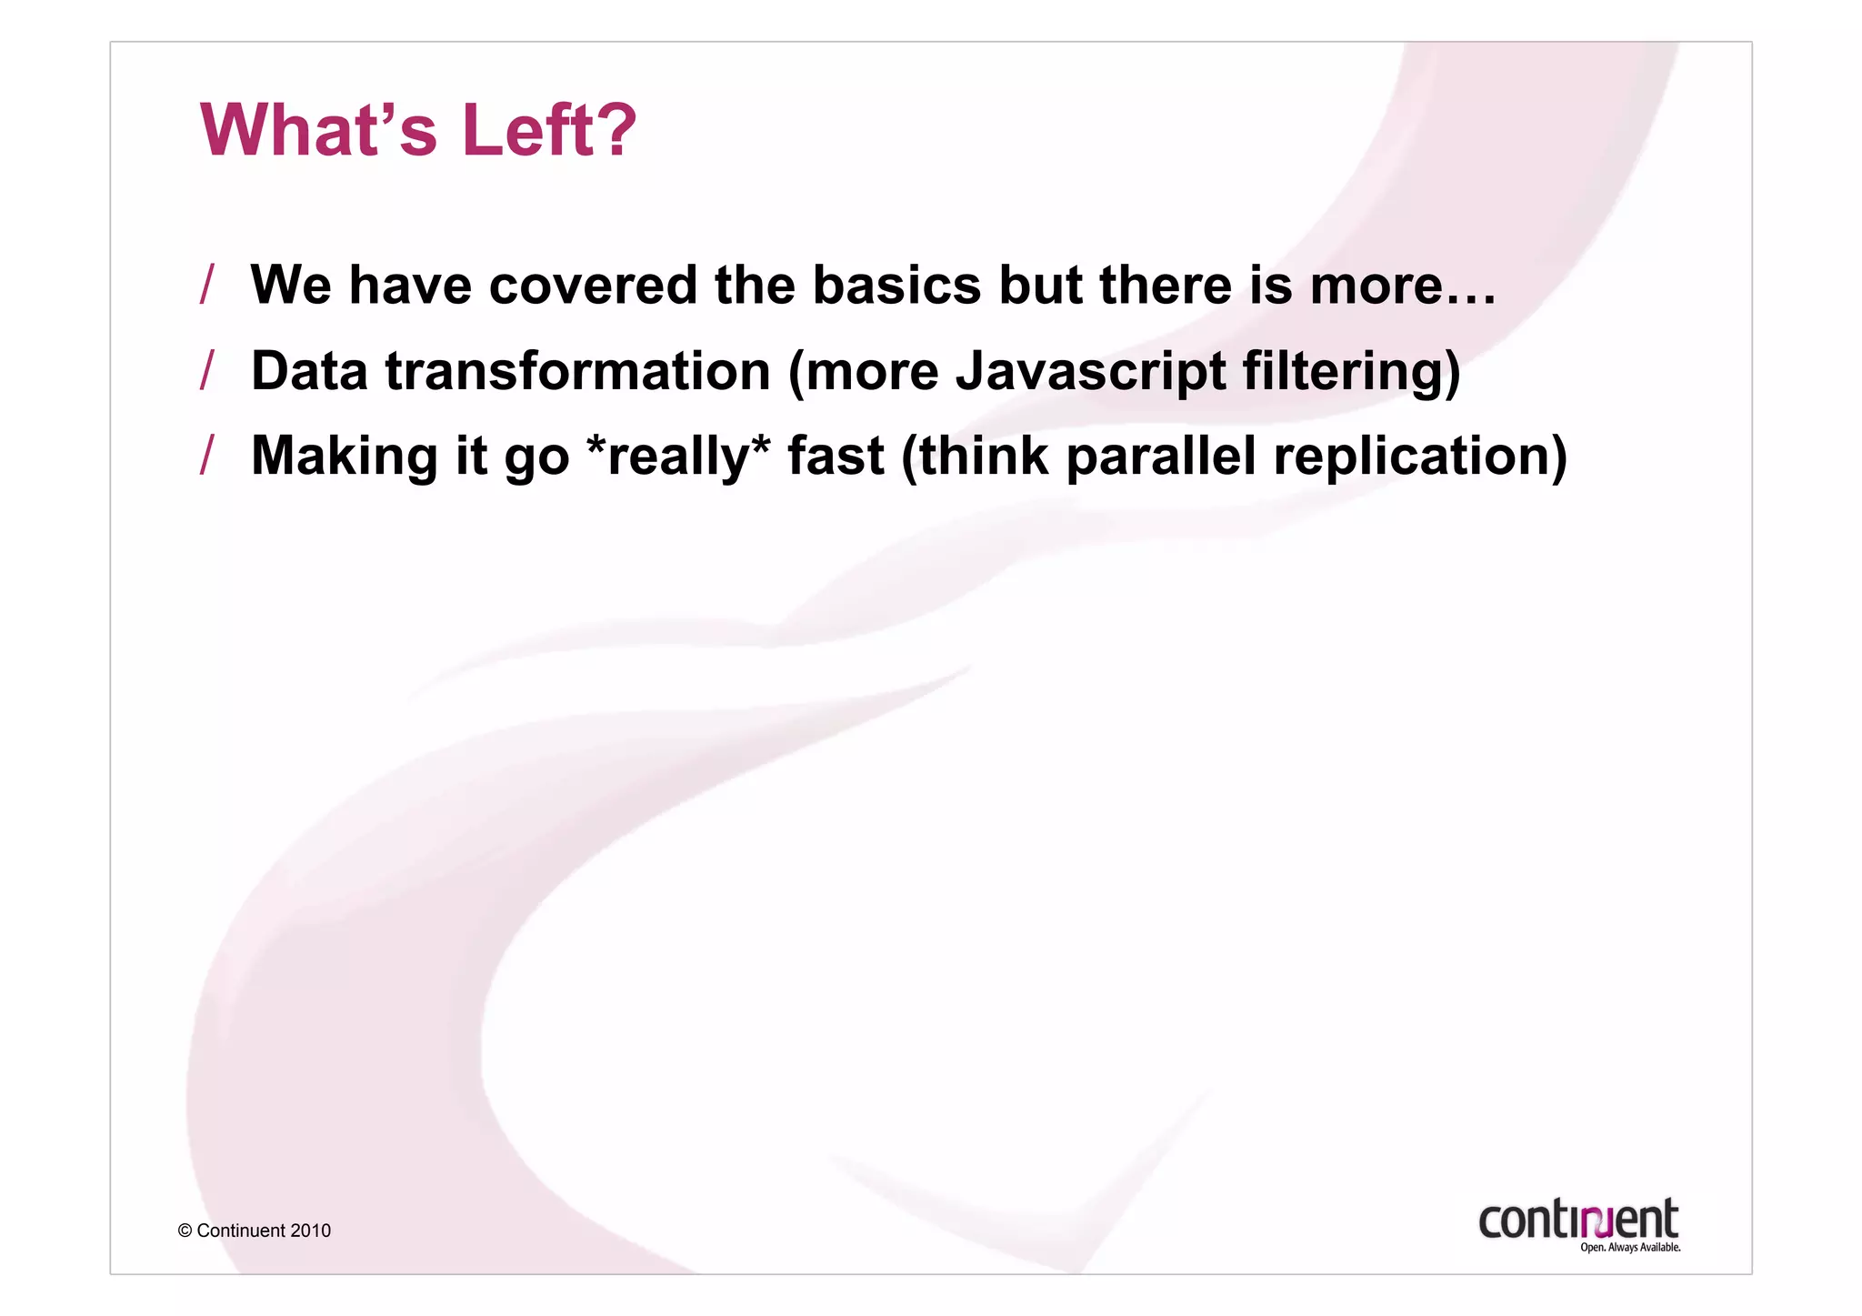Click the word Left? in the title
548,130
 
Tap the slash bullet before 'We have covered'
207,285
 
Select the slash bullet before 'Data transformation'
207,370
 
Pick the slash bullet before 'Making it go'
207,455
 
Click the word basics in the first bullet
896,285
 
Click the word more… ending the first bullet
1402,285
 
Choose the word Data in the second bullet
308,372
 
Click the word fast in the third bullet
835,456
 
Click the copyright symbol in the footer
185,1231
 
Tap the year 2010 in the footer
310,1231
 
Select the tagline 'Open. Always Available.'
1629,1248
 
